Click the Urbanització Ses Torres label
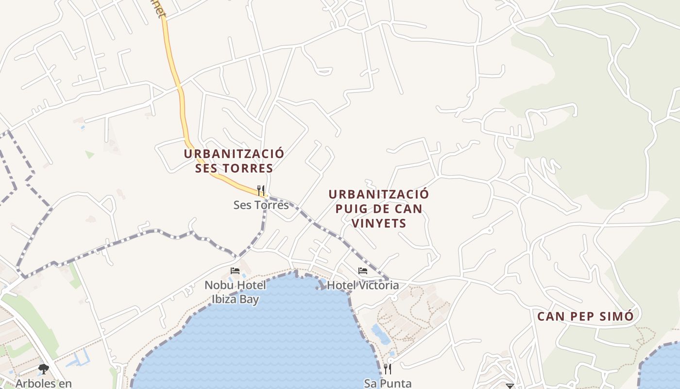point(234,161)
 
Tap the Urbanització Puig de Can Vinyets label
point(379,209)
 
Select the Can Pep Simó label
point(585,317)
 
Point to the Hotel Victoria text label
point(363,285)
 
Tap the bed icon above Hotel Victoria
point(363,271)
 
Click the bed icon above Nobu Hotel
point(235,270)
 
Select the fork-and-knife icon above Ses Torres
point(261,190)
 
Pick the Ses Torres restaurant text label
point(261,205)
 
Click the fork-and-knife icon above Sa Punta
point(387,369)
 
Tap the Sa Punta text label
point(388,383)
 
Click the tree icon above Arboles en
point(43,370)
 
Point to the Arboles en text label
point(43,383)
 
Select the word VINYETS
point(378,224)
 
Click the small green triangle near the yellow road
point(89,155)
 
